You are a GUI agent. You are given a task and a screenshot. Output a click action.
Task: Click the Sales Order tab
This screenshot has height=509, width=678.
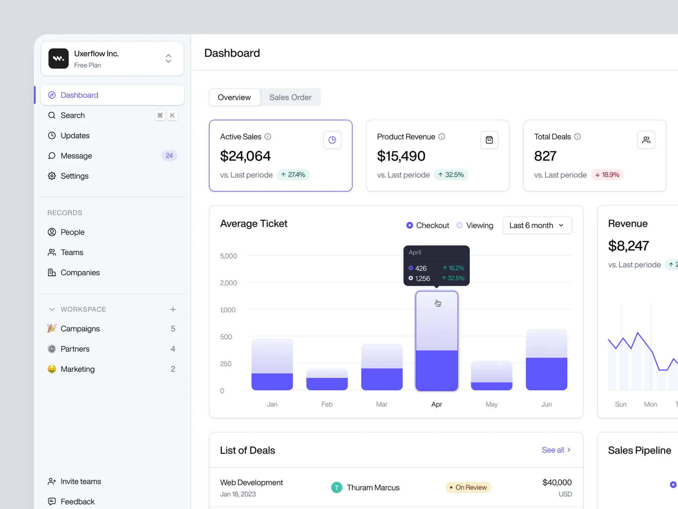coord(290,97)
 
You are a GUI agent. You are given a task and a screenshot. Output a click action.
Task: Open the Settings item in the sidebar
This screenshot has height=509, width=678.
coord(74,176)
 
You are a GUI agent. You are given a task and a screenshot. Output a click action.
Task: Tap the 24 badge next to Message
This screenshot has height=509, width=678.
coord(169,156)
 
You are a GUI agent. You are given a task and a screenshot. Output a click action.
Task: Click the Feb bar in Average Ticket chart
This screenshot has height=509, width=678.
coord(327,379)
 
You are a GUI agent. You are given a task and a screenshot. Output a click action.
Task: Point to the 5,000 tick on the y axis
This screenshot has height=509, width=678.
coord(228,256)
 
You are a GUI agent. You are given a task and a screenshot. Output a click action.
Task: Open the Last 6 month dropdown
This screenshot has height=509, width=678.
coord(537,226)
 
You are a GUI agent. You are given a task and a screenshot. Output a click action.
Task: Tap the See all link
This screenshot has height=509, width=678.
coord(556,450)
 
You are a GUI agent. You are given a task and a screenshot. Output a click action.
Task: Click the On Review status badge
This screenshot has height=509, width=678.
coord(468,487)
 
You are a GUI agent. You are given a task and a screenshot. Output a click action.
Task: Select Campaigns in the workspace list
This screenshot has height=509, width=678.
coord(80,329)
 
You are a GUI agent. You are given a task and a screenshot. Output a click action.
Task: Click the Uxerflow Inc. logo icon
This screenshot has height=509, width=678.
coord(58,59)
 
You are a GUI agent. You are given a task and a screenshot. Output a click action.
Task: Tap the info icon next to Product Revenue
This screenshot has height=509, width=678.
coord(442,137)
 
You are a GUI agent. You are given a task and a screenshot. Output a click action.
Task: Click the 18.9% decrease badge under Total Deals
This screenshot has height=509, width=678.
coord(607,175)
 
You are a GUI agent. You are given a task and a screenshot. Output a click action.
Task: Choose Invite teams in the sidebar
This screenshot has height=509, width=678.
coord(81,481)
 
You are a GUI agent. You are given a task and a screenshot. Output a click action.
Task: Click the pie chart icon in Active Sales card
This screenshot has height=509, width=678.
coord(332,140)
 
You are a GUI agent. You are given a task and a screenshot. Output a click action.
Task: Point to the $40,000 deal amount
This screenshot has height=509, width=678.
coord(557,482)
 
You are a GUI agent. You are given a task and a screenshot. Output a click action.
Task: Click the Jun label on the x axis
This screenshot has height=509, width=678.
coord(546,404)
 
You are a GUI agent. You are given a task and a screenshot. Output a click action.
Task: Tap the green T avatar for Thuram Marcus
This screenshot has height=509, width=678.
coord(337,487)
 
